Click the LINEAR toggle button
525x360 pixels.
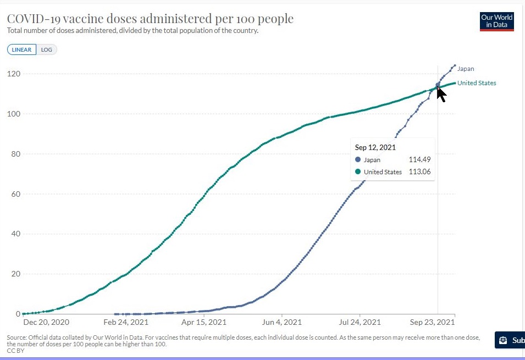pos(21,49)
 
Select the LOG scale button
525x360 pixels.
pos(47,49)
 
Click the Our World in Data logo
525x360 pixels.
pos(496,21)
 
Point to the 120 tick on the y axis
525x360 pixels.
pos(14,74)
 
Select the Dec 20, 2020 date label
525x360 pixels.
pos(46,323)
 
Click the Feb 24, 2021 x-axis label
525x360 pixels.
pos(126,323)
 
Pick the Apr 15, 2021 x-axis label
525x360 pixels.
pos(204,323)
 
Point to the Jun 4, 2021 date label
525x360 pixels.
pos(282,323)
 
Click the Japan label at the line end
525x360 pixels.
pos(465,69)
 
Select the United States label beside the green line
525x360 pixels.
pos(477,84)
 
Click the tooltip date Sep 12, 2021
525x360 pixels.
pos(375,148)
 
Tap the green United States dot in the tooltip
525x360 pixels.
pos(358,172)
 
